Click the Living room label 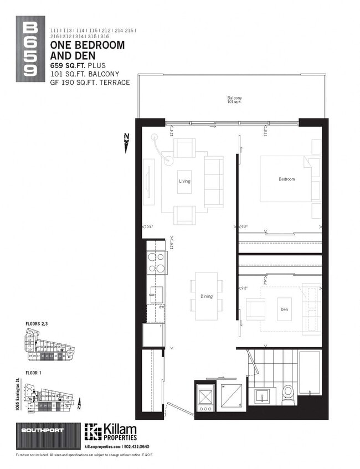pos(184,181)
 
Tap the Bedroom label pos(286,179)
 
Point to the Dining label pos(206,296)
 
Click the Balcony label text pos(234,99)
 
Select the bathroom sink pos(263,396)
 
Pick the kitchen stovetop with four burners pos(157,262)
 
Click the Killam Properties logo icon pos(93,432)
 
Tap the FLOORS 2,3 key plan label pos(37,323)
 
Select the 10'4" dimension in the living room pos(148,226)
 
